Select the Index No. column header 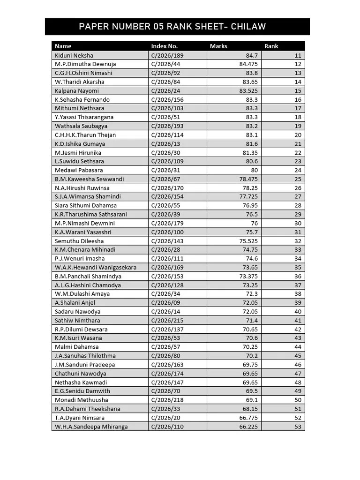164,46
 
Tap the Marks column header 218,46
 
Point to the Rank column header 271,46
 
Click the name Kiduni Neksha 74,55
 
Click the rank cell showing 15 298,90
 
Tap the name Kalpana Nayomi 77,90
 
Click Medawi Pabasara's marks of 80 255,170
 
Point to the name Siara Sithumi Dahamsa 86,205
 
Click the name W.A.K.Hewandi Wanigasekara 96,267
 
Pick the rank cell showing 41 298,320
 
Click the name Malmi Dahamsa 77,347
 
